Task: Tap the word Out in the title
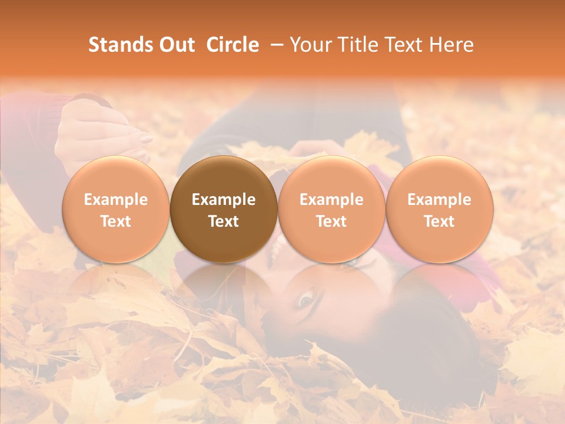coord(175,45)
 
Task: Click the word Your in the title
coord(310,45)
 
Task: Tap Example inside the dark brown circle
coord(224,200)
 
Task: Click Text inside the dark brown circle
coord(224,221)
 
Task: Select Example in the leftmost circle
coord(116,200)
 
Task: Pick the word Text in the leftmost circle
coord(116,221)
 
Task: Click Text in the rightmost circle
coord(439,221)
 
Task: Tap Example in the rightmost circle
coord(439,200)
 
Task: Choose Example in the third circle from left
coord(331,200)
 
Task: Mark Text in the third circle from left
coord(331,221)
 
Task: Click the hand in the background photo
coord(100,132)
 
